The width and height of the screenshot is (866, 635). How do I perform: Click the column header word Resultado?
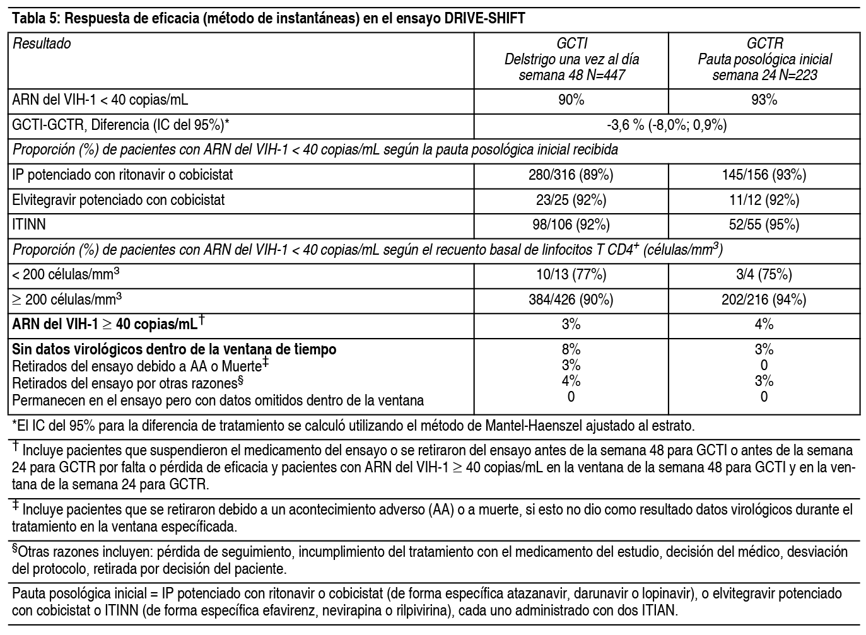click(42, 44)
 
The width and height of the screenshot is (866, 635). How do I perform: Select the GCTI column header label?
click(571, 44)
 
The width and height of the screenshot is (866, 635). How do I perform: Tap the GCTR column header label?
click(764, 44)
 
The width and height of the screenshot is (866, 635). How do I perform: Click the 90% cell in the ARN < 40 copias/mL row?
click(571, 100)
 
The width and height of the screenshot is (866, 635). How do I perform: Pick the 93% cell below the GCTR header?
click(764, 100)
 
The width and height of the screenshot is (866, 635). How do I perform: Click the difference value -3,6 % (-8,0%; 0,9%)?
click(667, 125)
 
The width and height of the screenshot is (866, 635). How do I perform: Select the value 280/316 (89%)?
click(571, 175)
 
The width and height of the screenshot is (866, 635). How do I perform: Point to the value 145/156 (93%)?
click(764, 175)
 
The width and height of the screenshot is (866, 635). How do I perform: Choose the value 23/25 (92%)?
click(571, 200)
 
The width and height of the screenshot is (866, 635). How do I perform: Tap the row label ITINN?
click(29, 224)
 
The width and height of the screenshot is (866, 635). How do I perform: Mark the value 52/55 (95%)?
click(764, 224)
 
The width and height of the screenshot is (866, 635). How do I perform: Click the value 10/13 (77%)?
click(571, 274)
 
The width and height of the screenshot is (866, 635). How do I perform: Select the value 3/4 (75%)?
click(764, 274)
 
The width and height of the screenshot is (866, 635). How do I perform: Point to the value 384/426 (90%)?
click(571, 300)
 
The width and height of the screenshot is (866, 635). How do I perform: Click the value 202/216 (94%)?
click(764, 300)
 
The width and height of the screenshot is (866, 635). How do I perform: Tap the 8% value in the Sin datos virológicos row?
click(571, 349)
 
